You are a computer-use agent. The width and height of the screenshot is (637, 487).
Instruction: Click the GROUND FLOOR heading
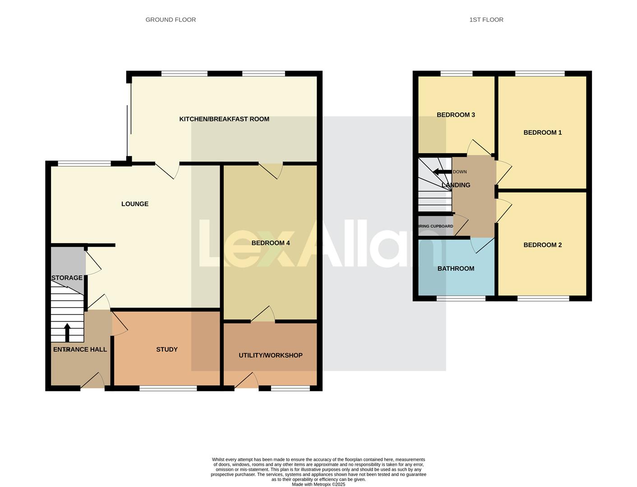coord(171,20)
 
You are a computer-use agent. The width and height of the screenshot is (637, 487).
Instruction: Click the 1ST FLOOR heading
coord(486,20)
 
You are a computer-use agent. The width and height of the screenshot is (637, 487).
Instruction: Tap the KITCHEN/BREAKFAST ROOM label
coord(224,119)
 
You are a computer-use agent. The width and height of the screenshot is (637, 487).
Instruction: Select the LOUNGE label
coord(135,204)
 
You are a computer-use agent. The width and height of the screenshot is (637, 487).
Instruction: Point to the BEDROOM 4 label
coord(270,243)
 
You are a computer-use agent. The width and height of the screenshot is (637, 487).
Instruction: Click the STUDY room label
coord(167,349)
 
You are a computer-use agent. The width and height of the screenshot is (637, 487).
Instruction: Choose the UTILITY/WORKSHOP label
coord(270,355)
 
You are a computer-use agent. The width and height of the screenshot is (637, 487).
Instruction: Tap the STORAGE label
coord(67,278)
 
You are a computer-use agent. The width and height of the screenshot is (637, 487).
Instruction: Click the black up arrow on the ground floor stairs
coord(67,332)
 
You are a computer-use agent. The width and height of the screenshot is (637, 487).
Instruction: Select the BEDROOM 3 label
coord(456,115)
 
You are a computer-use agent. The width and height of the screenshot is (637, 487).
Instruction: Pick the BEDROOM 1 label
coord(542,133)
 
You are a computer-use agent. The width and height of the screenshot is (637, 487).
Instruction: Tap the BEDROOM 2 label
coord(542,245)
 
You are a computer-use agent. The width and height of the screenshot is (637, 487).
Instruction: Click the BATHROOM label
coord(456,269)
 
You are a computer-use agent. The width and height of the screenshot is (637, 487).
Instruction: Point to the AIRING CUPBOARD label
coord(435,226)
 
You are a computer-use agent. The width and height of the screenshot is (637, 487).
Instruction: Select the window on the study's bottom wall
coord(168,388)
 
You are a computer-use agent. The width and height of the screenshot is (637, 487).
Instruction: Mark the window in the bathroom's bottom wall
coord(461,299)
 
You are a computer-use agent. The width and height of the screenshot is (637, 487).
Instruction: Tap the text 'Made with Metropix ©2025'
coord(318,484)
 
